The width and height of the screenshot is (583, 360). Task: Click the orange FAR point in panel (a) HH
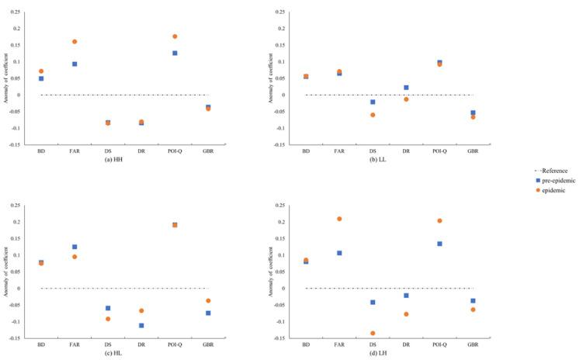[75, 42]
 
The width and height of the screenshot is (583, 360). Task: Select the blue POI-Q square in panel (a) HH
[175, 53]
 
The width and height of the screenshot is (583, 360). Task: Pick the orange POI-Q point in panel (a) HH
[175, 36]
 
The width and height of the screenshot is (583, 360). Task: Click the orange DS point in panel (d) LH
[373, 333]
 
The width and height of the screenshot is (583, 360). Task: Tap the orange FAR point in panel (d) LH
[339, 219]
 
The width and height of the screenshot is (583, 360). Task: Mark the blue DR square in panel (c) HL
[141, 325]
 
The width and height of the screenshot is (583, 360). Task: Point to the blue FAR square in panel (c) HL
[75, 247]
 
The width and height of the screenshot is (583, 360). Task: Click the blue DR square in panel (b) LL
[406, 88]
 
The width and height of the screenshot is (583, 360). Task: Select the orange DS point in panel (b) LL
[373, 115]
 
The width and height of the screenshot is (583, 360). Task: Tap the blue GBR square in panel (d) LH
[473, 301]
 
